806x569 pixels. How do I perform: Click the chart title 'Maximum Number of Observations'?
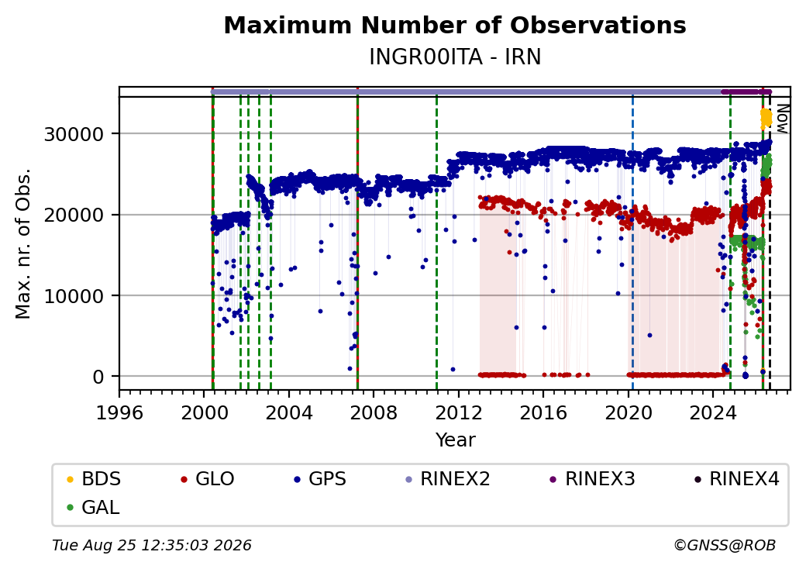pyautogui.click(x=455, y=25)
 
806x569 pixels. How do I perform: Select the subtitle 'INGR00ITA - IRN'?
pyautogui.click(x=455, y=57)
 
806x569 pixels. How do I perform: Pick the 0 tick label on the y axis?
pyautogui.click(x=98, y=377)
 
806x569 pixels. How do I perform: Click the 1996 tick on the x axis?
pyautogui.click(x=120, y=412)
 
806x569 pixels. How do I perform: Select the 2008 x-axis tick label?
pyautogui.click(x=374, y=412)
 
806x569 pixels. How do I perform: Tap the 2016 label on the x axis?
pyautogui.click(x=543, y=412)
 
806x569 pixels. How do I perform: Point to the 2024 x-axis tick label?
pyautogui.click(x=712, y=412)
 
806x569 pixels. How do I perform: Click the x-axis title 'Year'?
pyautogui.click(x=456, y=440)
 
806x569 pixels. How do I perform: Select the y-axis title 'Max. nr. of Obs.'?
pyautogui.click(x=23, y=243)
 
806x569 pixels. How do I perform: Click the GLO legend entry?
pyautogui.click(x=208, y=479)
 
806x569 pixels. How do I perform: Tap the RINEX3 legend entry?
pyautogui.click(x=592, y=479)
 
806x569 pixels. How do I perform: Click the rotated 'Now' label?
pyautogui.click(x=782, y=119)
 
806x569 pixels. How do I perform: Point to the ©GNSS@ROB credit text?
pyautogui.click(x=725, y=545)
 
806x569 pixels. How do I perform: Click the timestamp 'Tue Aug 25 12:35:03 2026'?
pyautogui.click(x=152, y=545)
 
